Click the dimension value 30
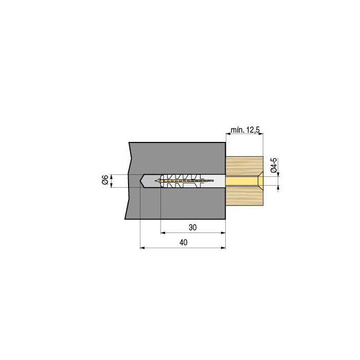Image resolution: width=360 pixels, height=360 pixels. pyautogui.click(x=193, y=227)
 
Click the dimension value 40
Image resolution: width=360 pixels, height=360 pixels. pyautogui.click(x=184, y=242)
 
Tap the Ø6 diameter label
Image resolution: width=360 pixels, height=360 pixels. pyautogui.click(x=105, y=179)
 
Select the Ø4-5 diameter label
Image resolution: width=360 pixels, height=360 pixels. pyautogui.click(x=274, y=165)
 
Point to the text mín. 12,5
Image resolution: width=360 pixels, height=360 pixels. pyautogui.click(x=245, y=130)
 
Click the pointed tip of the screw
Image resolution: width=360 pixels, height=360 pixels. pyautogui.click(x=155, y=181)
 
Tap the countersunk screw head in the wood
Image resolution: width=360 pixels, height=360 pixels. pyautogui.click(x=260, y=181)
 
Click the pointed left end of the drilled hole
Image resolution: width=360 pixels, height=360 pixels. pyautogui.click(x=140, y=181)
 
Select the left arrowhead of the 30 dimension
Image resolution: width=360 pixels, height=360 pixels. pyautogui.click(x=163, y=233)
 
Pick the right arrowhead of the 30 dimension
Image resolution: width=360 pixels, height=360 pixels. pyautogui.click(x=223, y=233)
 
